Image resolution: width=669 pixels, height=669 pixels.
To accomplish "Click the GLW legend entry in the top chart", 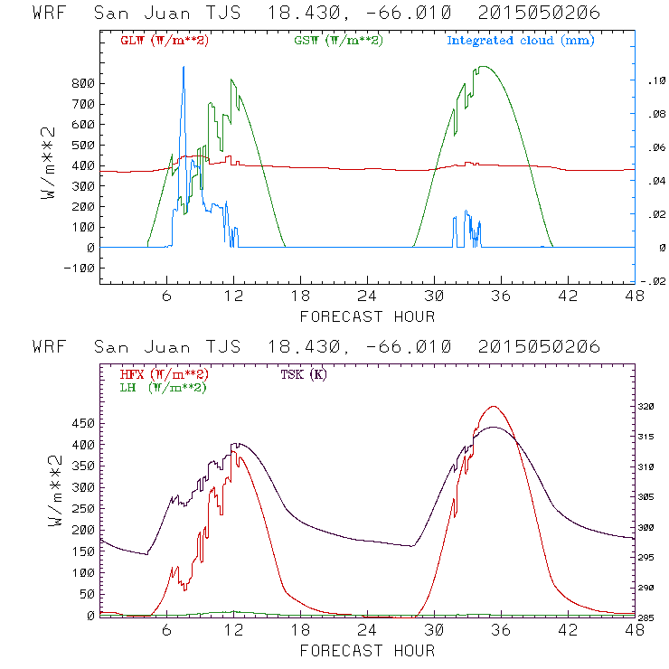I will click(x=165, y=41).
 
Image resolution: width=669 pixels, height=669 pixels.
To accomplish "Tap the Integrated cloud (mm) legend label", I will click(x=521, y=41).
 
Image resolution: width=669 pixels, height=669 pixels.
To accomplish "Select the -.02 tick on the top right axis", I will click(x=654, y=281).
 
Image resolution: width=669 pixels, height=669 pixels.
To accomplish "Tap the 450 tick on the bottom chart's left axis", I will click(x=83, y=422).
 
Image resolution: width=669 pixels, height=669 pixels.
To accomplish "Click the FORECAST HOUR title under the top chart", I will click(x=367, y=316).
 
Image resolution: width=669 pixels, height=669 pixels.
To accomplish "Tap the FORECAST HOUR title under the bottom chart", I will click(x=367, y=651).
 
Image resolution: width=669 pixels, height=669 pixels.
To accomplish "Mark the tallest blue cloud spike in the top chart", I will click(x=184, y=68).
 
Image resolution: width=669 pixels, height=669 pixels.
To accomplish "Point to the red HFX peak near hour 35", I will click(x=493, y=407).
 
